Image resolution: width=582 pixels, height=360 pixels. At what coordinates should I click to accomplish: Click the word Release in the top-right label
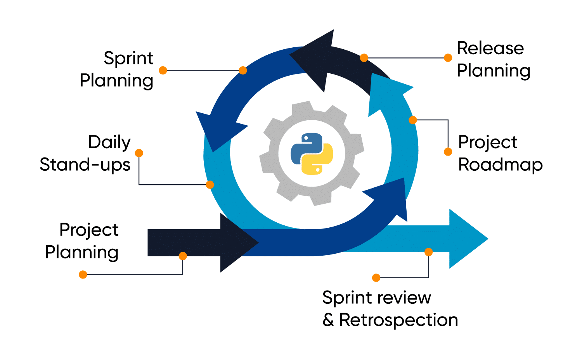(x=490, y=48)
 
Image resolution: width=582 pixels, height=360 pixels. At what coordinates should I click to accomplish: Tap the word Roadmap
(x=500, y=165)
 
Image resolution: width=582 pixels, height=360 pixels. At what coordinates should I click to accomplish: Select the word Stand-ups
(x=85, y=165)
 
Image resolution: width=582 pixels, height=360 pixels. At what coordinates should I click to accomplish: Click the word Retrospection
(x=398, y=320)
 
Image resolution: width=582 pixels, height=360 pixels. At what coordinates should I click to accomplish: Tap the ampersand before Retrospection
(x=328, y=320)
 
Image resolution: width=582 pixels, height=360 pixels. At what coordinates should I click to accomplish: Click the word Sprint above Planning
(x=128, y=59)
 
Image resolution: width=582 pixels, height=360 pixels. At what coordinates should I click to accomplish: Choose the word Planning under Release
(x=494, y=71)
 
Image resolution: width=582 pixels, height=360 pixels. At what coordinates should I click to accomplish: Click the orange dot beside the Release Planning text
(x=448, y=58)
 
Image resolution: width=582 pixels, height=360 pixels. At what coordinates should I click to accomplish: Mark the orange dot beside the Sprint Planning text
(x=163, y=70)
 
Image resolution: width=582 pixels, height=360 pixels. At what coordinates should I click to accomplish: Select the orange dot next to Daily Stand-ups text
(x=139, y=153)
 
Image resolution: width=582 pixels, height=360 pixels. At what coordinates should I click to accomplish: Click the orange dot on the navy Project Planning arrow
(x=183, y=256)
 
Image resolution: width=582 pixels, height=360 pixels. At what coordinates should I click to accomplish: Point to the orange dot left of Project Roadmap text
(x=448, y=151)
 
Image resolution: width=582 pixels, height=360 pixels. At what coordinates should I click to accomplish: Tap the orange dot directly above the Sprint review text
(x=376, y=277)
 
